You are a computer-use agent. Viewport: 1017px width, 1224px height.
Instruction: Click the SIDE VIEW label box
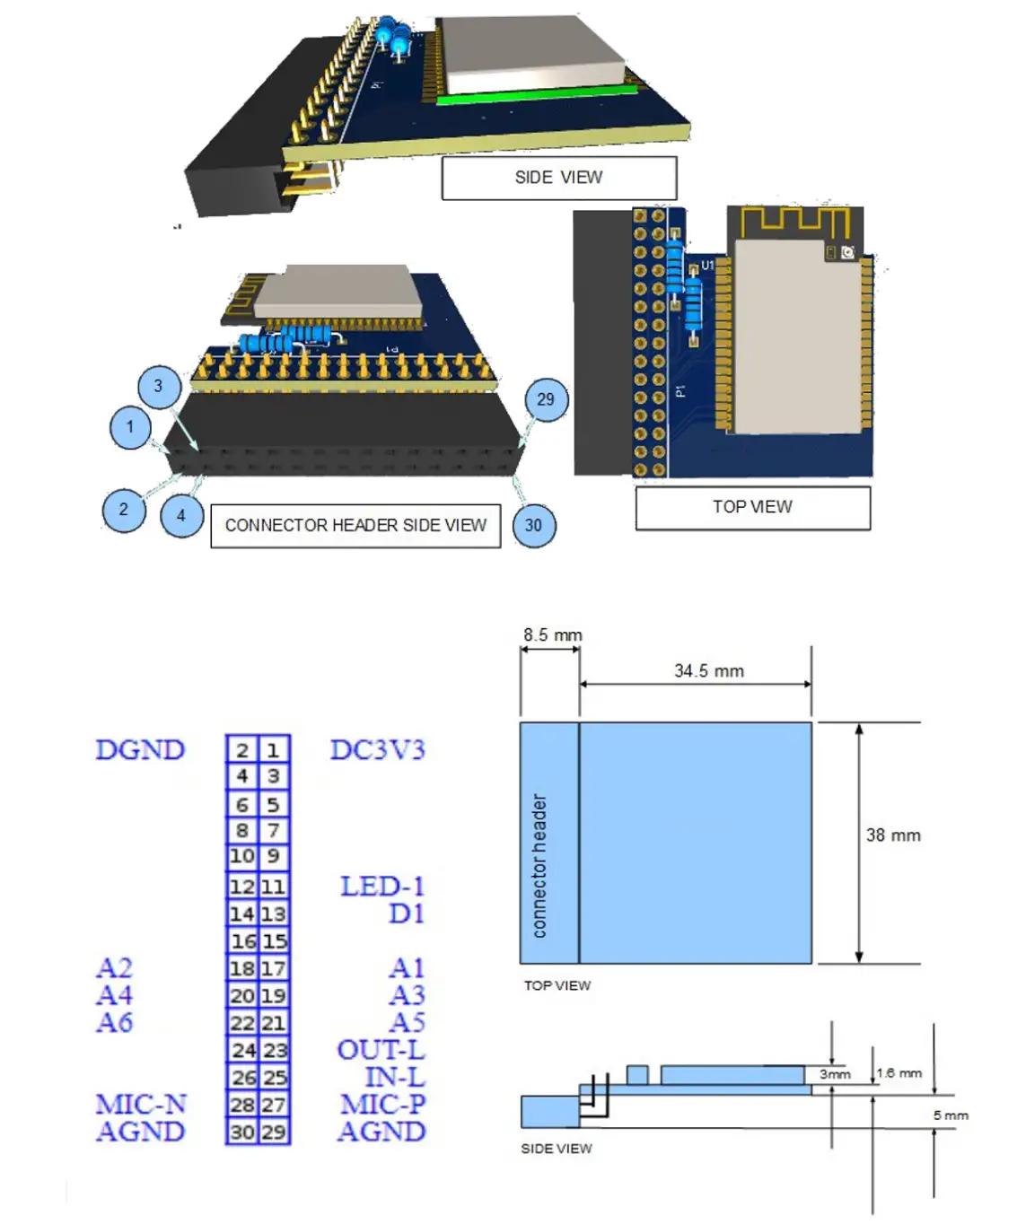[558, 178]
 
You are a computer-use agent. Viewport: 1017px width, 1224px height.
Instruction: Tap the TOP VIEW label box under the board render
[752, 507]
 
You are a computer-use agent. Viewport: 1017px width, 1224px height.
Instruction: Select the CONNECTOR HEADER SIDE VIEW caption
[355, 525]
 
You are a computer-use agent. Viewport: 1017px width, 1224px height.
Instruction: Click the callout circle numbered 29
[546, 399]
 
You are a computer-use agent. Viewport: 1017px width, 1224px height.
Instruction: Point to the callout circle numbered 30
[533, 525]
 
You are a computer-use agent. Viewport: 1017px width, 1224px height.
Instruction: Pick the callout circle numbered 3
[158, 386]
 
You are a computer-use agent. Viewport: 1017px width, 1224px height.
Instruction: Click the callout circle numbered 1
[130, 427]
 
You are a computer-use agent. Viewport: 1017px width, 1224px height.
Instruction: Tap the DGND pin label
[140, 750]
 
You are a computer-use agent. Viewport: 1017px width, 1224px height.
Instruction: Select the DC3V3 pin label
[377, 750]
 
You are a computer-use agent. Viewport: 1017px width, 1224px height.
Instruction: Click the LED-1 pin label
[381, 887]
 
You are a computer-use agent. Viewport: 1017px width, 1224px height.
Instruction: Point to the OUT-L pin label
[381, 1050]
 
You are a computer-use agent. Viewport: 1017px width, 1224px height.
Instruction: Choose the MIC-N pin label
[141, 1105]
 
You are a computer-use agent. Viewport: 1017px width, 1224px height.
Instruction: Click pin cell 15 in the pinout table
[275, 941]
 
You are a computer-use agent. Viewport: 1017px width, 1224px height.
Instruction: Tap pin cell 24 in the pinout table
[243, 1050]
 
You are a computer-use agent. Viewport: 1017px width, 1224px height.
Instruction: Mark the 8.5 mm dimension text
[553, 635]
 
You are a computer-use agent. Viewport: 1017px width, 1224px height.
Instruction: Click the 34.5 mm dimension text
[709, 671]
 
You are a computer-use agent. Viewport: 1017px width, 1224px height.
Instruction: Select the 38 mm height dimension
[893, 835]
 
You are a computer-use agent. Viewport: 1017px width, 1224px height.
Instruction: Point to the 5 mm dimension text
[951, 1115]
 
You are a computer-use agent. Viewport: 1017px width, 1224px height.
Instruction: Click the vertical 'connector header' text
[539, 866]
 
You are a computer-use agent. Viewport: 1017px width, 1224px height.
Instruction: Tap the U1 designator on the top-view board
[707, 266]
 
